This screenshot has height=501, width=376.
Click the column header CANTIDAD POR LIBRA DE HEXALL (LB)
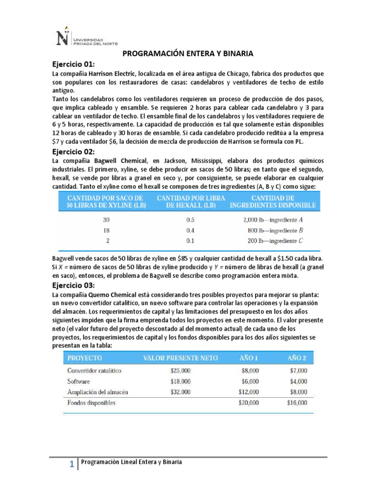click(x=190, y=201)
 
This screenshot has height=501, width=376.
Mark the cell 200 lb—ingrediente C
click(x=279, y=241)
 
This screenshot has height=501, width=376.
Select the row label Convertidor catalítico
click(x=94, y=371)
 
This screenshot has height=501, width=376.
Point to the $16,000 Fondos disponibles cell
click(x=297, y=403)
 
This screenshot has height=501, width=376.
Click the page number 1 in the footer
click(x=71, y=465)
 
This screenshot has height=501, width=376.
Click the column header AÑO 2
click(x=297, y=358)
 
